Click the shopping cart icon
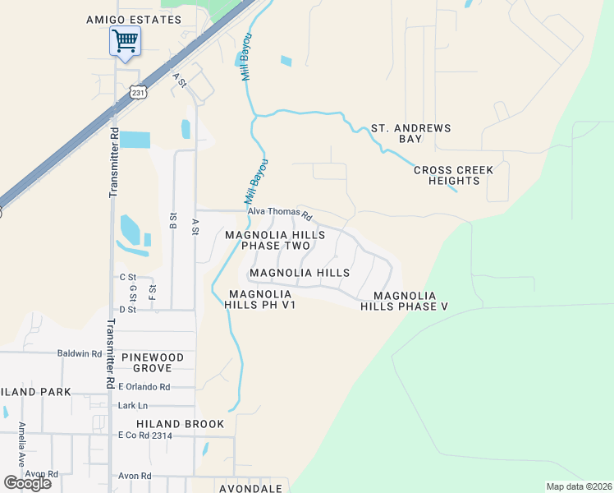tap(125, 40)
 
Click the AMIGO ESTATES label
tap(134, 20)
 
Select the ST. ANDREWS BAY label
tap(410, 134)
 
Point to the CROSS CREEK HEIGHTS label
tap(453, 175)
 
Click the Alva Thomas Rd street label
tap(280, 214)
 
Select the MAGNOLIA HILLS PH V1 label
tap(260, 299)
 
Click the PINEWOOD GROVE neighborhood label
tap(158, 363)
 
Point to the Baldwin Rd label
tap(79, 354)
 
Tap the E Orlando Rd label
tap(144, 387)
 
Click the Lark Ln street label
tap(132, 406)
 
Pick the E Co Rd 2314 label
tap(144, 435)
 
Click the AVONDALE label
tap(250, 488)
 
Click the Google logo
tap(27, 482)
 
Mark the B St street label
tap(172, 220)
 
